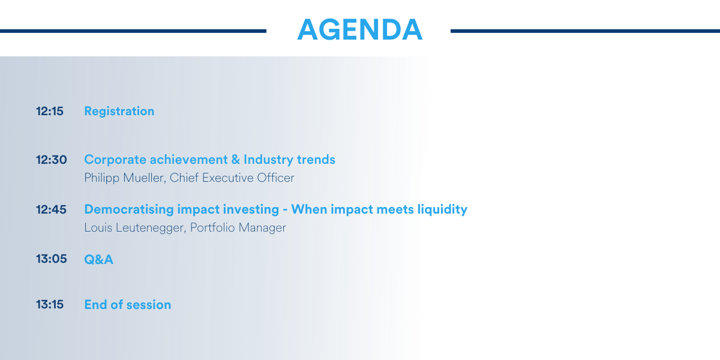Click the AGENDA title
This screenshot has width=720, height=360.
[x=359, y=29]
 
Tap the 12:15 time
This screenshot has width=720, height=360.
[x=49, y=111]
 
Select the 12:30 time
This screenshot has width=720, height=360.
[x=52, y=160]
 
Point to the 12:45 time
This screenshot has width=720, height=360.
[x=51, y=209]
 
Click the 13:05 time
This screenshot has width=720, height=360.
[x=52, y=259]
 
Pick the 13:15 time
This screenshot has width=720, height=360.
[x=49, y=304]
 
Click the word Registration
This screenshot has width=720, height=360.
[x=119, y=112]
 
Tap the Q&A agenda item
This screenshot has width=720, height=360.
[x=98, y=259]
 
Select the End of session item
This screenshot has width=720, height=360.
[x=128, y=304]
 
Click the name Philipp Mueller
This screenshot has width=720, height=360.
[x=124, y=178]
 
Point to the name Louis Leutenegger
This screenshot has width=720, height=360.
[x=134, y=228]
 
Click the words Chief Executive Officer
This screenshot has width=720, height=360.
[x=232, y=178]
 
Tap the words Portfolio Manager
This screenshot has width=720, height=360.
[x=238, y=227]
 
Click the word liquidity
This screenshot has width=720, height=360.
[x=442, y=209]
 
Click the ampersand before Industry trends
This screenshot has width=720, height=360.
[x=236, y=160]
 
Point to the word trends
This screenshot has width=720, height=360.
[x=316, y=160]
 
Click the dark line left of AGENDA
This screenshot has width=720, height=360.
[x=133, y=31]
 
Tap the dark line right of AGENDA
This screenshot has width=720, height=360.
[x=585, y=31]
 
